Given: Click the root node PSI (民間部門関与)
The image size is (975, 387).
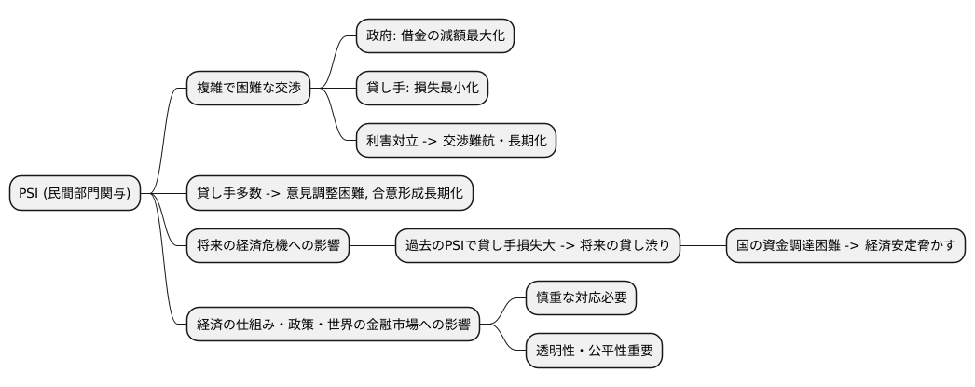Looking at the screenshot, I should tap(75, 194).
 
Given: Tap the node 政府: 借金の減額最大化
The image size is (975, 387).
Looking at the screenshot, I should tap(435, 36).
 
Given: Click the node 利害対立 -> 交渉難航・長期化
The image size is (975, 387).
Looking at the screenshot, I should tap(456, 140).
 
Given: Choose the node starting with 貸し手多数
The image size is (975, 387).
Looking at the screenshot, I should tap(330, 194).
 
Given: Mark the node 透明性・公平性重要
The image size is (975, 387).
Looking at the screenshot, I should tap(595, 351).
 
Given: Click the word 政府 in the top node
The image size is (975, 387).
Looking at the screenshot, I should tap(378, 36).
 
